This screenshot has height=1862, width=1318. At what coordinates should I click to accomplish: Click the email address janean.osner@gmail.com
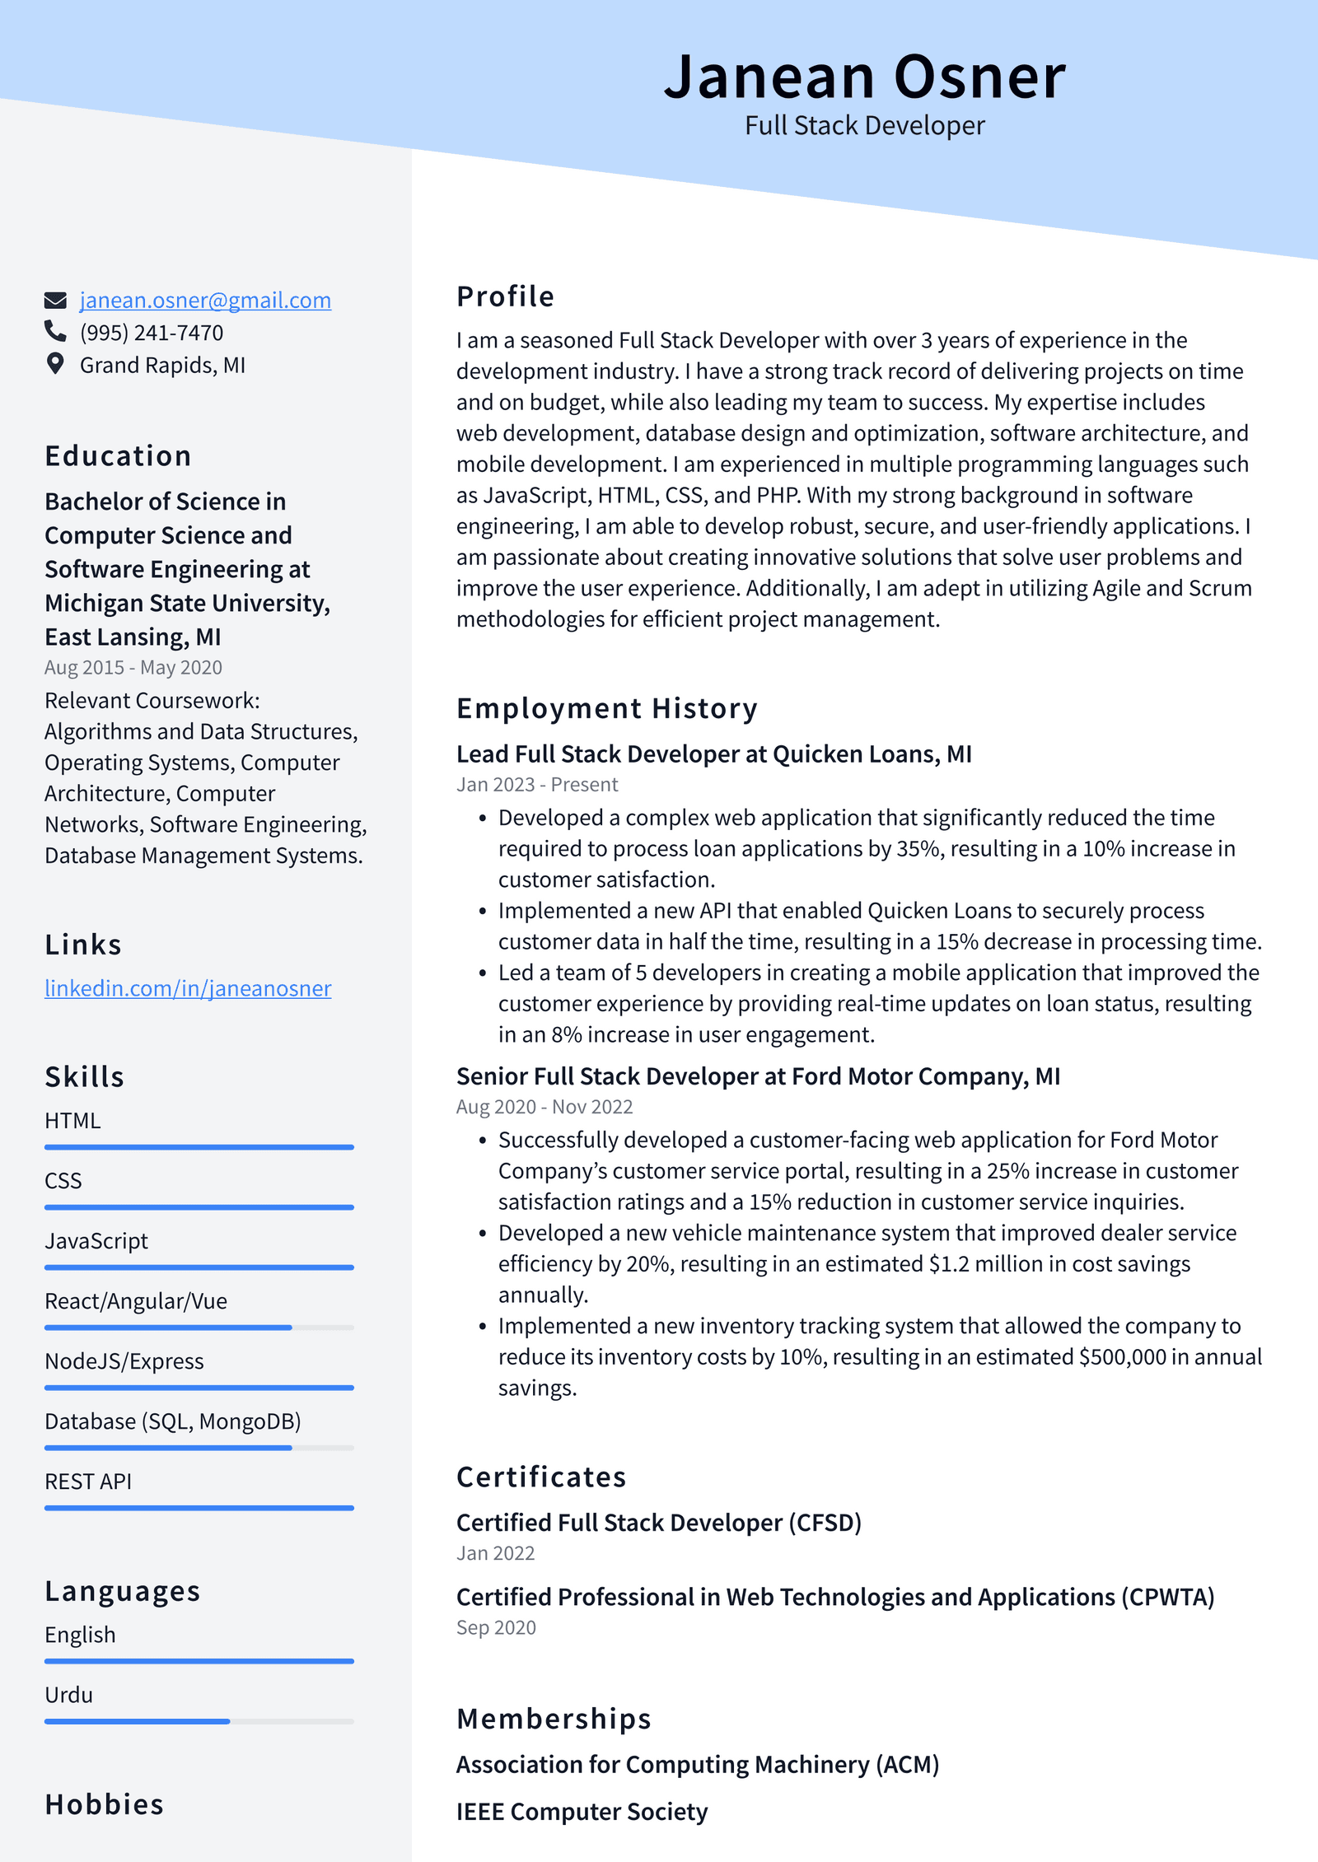click(205, 301)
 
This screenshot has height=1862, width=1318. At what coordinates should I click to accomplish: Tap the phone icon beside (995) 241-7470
click(55, 331)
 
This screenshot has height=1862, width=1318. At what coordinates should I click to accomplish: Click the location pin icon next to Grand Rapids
click(55, 364)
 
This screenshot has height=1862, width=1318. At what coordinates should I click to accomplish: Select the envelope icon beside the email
click(55, 300)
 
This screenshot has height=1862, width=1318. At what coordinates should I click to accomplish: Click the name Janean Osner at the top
click(864, 77)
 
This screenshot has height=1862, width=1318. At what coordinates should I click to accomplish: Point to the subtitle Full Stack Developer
click(864, 126)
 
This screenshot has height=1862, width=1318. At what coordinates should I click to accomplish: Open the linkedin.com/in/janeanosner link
click(188, 988)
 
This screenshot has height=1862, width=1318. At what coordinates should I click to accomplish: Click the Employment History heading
click(606, 708)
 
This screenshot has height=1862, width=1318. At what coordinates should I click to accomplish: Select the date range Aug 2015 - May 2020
click(133, 668)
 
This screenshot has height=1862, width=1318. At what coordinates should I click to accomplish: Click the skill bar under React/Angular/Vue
click(199, 1328)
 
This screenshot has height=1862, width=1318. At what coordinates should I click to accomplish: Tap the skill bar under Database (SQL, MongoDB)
click(199, 1448)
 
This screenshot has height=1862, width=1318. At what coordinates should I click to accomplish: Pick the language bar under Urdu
click(199, 1721)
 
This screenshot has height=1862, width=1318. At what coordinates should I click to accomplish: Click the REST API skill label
click(88, 1482)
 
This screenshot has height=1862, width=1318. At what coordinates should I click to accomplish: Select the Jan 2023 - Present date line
click(537, 785)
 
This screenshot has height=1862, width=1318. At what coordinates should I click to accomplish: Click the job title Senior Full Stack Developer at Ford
click(758, 1076)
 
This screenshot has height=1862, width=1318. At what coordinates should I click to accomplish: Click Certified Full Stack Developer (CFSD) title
click(658, 1523)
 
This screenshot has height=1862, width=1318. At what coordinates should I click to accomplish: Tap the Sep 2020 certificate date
click(496, 1628)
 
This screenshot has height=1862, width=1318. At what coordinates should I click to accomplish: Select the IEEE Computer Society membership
click(582, 1812)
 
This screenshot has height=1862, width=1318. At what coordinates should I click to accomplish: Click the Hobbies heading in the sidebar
click(105, 1804)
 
